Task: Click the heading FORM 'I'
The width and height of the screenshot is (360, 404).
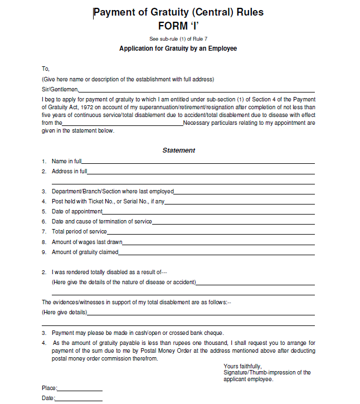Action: coord(178,26)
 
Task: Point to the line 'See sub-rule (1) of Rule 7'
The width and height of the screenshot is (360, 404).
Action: coord(178,38)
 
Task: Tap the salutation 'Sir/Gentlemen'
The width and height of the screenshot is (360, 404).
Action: coord(60,89)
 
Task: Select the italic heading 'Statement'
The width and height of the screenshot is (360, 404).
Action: coord(179,150)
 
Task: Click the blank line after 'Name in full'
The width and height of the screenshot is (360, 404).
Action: coord(198,162)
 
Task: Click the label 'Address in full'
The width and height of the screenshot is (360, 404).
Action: coord(69,172)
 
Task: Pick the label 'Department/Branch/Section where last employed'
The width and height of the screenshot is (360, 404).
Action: coord(113,192)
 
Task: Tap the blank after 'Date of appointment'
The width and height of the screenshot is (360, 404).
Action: coord(208,212)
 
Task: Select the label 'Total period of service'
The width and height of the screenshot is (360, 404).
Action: coord(79,232)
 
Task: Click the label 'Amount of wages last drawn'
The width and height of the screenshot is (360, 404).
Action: coord(87,242)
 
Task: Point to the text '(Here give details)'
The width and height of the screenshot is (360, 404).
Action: coord(64,312)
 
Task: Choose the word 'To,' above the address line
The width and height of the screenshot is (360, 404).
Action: coord(46,69)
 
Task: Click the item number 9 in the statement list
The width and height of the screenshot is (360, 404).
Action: coord(43,252)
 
